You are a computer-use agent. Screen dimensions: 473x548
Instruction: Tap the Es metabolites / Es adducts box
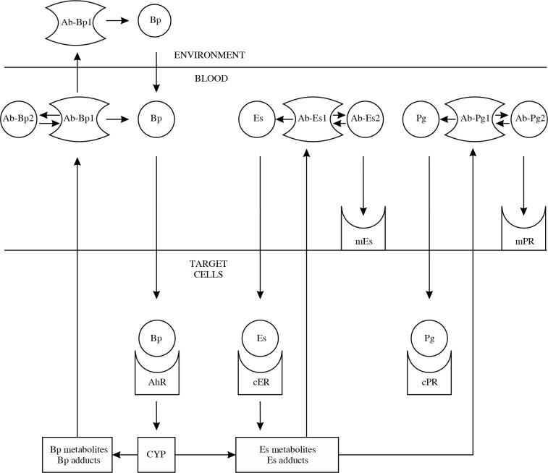[x=287, y=455]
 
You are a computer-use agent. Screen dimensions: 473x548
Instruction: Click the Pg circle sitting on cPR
[x=429, y=338]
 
